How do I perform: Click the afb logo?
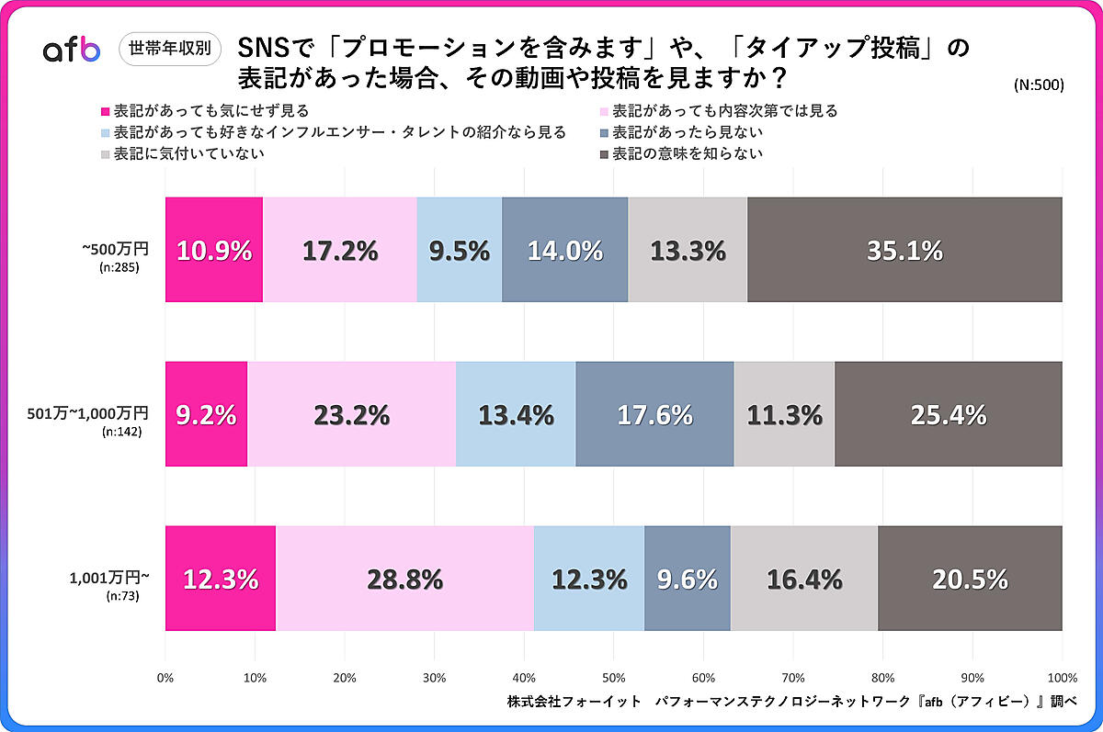pos(71,51)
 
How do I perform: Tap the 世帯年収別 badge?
pos(171,47)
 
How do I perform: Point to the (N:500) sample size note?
pos(1039,85)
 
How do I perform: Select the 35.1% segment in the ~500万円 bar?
pos(904,250)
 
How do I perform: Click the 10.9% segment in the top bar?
pos(214,250)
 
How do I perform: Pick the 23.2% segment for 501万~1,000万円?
pos(351,414)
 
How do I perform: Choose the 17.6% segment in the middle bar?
pos(654,414)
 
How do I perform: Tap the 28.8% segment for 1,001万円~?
pos(404,579)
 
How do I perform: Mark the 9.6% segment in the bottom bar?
pos(688,579)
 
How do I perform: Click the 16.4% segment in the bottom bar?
pos(804,579)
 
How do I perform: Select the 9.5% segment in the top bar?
pos(460,250)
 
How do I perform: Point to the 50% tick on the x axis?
pos(614,678)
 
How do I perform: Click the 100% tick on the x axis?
pos(1062,678)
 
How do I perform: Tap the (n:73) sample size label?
pos(124,596)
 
